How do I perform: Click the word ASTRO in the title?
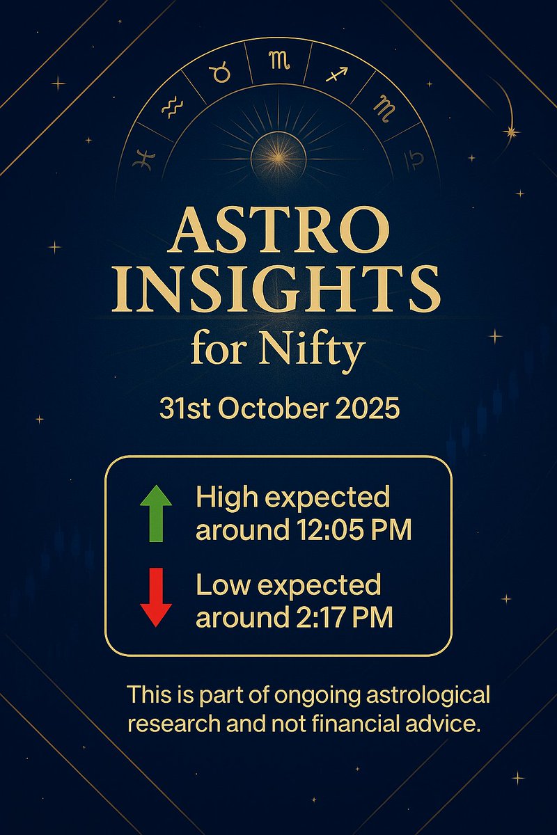278,232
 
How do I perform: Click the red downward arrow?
156,597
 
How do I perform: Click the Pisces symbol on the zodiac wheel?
142,159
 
